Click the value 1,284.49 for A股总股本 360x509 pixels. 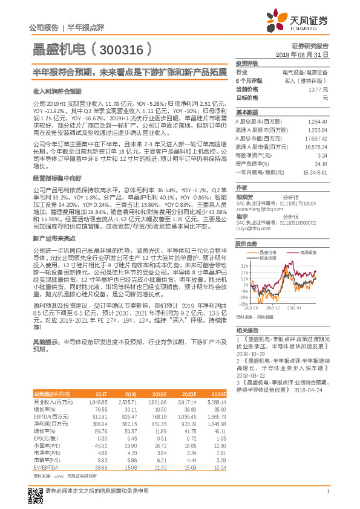(x=318, y=121)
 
